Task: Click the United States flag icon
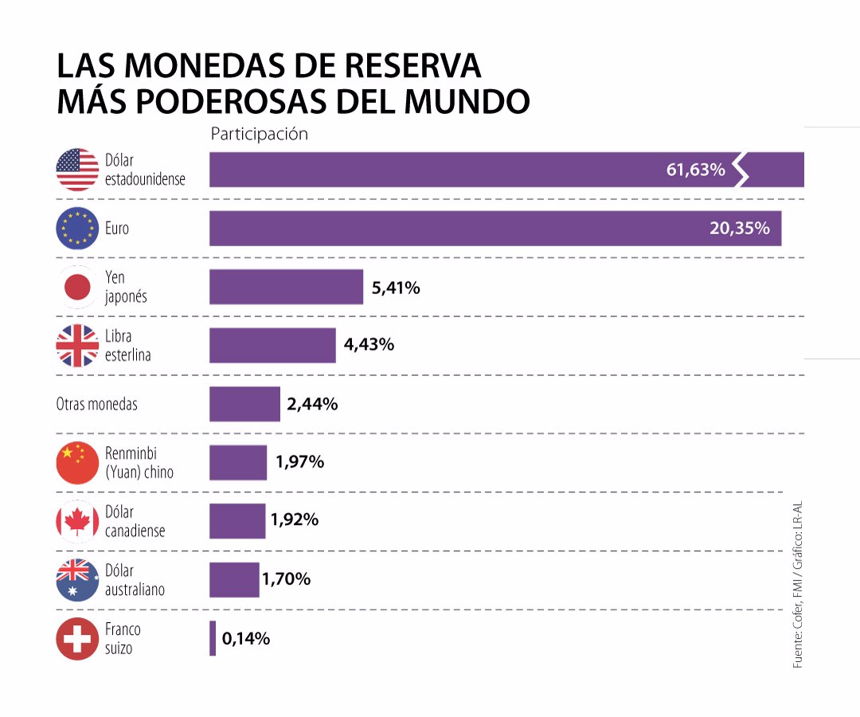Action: tap(77, 170)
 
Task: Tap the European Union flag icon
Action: tap(77, 229)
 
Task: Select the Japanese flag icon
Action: tap(77, 287)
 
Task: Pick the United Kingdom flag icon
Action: tap(77, 346)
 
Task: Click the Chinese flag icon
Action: tap(77, 463)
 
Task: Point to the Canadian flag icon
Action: tap(77, 521)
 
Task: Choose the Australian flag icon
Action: tap(77, 580)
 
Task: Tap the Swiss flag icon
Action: tap(77, 639)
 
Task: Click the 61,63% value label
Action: tap(695, 170)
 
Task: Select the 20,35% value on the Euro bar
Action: tap(739, 229)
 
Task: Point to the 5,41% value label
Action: tap(396, 288)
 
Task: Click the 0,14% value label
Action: tap(246, 639)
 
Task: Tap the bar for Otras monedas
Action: tap(244, 404)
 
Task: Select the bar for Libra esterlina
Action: tap(272, 346)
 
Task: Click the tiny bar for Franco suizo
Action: tap(213, 639)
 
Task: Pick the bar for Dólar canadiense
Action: tap(237, 521)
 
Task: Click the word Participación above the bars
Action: tap(259, 134)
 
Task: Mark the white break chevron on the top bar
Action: tap(741, 170)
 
